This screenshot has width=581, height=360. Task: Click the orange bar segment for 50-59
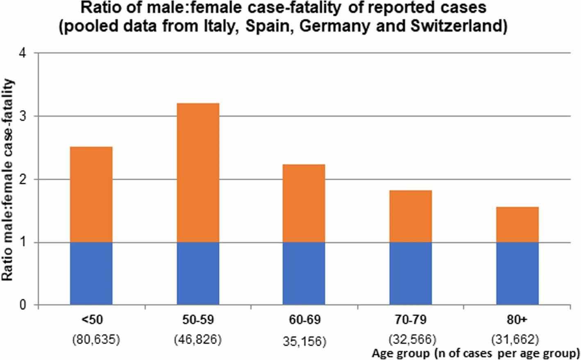pos(198,172)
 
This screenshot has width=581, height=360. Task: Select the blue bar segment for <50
pos(91,274)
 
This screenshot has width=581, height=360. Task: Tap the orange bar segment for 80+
pos(517,224)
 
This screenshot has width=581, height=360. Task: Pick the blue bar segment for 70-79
pos(411,274)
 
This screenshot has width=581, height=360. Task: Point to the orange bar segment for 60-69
pos(304,203)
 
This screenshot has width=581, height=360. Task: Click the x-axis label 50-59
pos(198,320)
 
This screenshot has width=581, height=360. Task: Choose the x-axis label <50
pos(91,320)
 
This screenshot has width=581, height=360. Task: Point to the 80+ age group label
pos(517,320)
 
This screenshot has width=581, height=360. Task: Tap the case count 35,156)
pos(304,342)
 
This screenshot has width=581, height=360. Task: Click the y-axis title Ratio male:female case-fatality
pos(9,180)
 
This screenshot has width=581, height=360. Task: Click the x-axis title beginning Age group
pos(475,353)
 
